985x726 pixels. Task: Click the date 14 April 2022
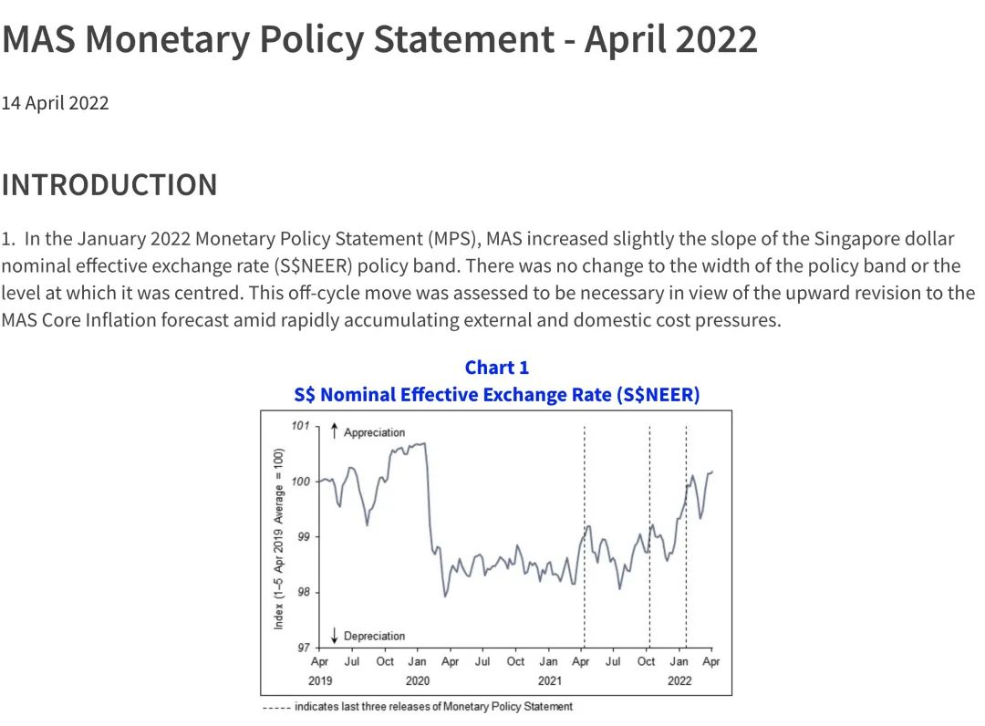click(x=55, y=103)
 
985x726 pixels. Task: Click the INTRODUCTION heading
click(x=109, y=184)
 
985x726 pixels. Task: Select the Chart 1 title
click(x=496, y=368)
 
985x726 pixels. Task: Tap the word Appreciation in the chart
click(x=374, y=432)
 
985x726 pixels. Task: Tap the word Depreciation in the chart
click(x=374, y=636)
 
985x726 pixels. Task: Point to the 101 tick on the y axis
click(x=300, y=426)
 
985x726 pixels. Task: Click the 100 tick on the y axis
click(x=300, y=482)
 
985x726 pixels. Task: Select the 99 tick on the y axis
click(x=303, y=536)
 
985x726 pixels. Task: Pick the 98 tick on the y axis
click(x=303, y=592)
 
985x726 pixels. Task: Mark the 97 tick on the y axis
click(x=303, y=648)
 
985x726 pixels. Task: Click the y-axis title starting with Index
click(x=279, y=538)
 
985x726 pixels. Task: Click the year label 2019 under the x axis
click(x=320, y=680)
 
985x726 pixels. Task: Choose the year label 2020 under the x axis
click(x=417, y=680)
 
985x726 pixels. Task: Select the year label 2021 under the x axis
click(x=548, y=680)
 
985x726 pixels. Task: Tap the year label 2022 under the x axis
click(x=679, y=680)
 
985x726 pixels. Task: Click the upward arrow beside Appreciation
click(x=335, y=430)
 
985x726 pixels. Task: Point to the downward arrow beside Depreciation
click(x=335, y=635)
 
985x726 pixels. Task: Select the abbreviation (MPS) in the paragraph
click(x=453, y=240)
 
